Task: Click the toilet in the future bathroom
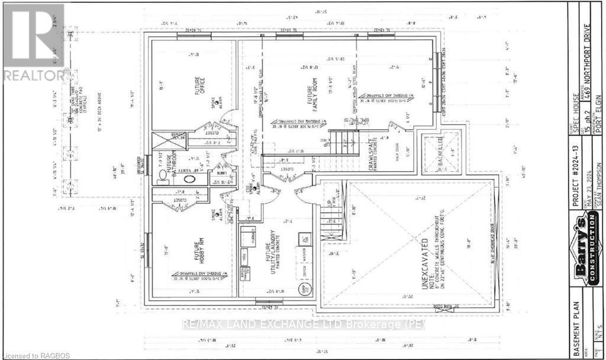click(162, 175)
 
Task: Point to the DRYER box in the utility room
click(305, 272)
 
